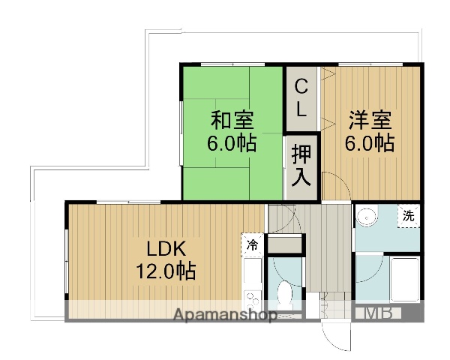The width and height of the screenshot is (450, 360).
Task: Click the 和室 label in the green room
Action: pos(232,120)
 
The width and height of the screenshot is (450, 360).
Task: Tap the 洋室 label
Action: pos(369,120)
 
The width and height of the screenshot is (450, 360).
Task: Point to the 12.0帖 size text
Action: pos(166,271)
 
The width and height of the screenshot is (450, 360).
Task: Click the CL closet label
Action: pos(301,97)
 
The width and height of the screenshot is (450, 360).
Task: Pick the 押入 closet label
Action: pos(301,166)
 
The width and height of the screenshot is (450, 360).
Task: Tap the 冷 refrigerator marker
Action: pos(252,244)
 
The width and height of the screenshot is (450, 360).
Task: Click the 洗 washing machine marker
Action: pos(408,215)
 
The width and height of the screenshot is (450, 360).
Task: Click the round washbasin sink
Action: pos(367,217)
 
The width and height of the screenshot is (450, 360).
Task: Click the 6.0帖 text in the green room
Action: pos(232,142)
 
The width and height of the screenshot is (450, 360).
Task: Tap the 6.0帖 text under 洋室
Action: pos(369,142)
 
